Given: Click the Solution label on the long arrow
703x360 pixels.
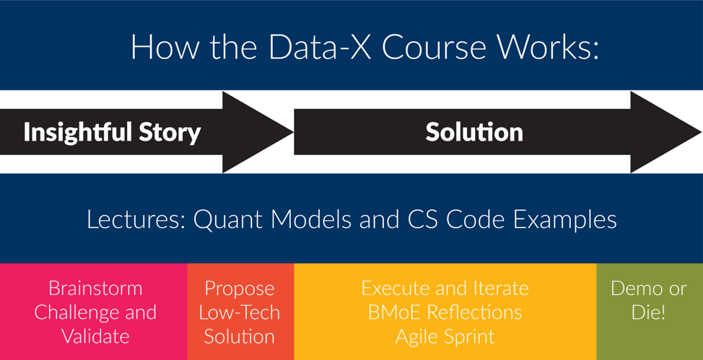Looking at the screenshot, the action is (474, 132).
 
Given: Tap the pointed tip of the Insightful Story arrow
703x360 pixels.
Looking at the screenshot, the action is (293, 132).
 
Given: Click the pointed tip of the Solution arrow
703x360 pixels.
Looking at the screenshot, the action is (702, 132).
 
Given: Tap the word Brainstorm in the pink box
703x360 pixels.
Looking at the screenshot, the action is (95, 289).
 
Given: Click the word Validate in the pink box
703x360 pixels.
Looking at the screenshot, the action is (95, 336).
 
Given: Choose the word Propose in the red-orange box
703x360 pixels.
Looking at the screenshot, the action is (240, 289).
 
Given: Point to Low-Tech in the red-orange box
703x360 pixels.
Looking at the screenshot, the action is (240, 312).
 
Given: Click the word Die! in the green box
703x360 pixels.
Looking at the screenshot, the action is (648, 312).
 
